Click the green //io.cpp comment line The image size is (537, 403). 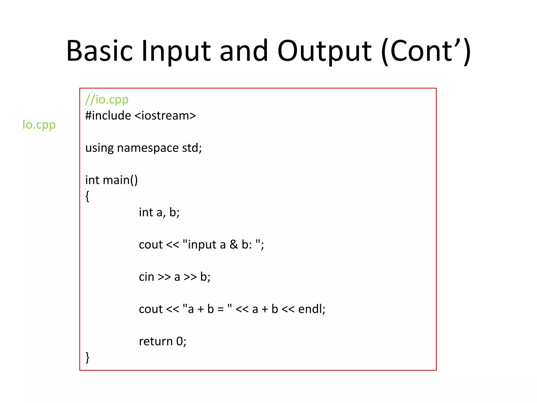(107, 99)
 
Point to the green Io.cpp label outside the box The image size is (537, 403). (39, 125)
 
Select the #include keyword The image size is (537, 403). (108, 115)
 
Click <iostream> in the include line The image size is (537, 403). (165, 115)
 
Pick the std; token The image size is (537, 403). (192, 148)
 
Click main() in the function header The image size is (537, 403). (120, 180)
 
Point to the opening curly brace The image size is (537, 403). (87, 196)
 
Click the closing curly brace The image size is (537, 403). (87, 357)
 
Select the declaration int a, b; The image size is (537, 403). (159, 212)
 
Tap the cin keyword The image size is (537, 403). (146, 277)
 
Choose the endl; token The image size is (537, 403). (312, 309)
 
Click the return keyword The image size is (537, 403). (155, 341)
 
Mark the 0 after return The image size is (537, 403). (180, 341)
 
